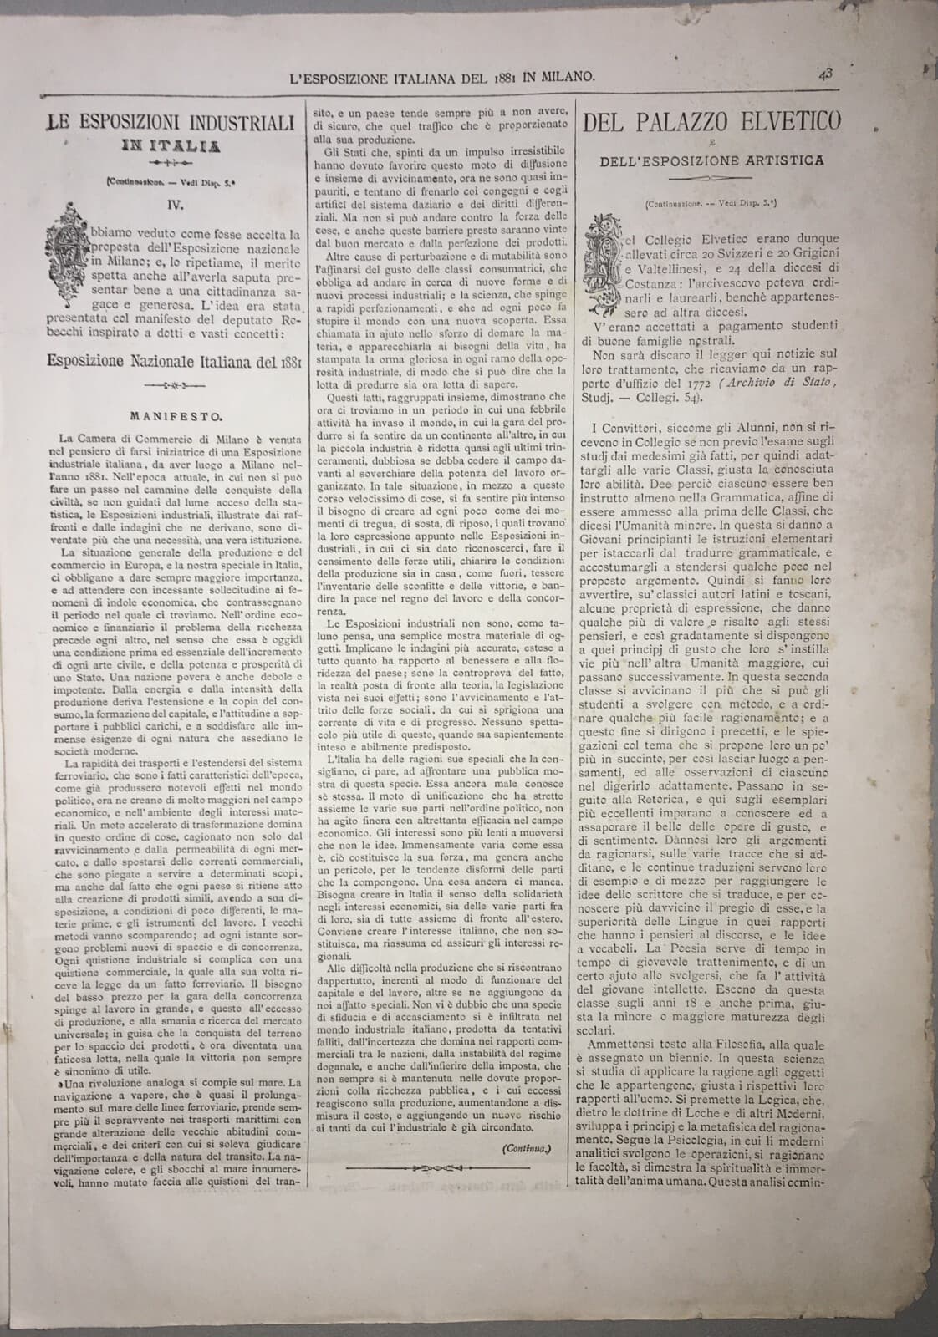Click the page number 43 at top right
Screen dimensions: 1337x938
click(x=826, y=74)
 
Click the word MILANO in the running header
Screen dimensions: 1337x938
click(x=564, y=76)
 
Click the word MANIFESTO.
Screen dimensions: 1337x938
click(x=173, y=413)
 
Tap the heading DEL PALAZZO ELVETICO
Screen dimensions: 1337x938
click(x=712, y=123)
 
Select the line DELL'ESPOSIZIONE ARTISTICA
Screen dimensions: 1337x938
click(x=711, y=160)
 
